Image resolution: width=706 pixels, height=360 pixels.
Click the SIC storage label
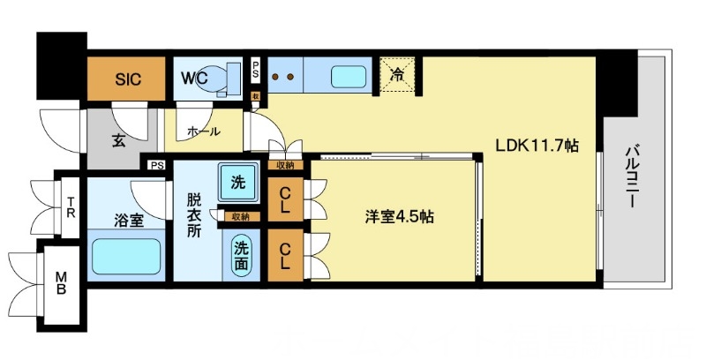tap(128, 78)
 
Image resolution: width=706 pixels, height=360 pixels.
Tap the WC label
tap(194, 78)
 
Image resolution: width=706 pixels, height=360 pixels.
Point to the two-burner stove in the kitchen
tap(286, 78)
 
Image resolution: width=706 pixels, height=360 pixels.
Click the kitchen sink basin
tap(349, 78)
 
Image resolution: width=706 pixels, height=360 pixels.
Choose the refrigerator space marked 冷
tap(399, 75)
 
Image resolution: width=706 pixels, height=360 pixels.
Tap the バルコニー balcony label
tap(632, 176)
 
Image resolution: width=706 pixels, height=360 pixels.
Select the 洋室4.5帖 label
tap(399, 215)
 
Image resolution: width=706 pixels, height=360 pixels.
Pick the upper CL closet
tap(286, 199)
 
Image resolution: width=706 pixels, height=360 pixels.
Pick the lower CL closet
tap(286, 255)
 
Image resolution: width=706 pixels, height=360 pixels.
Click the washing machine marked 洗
tap(237, 184)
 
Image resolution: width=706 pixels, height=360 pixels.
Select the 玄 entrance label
tap(118, 140)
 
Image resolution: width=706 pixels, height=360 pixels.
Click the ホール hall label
tap(203, 131)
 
